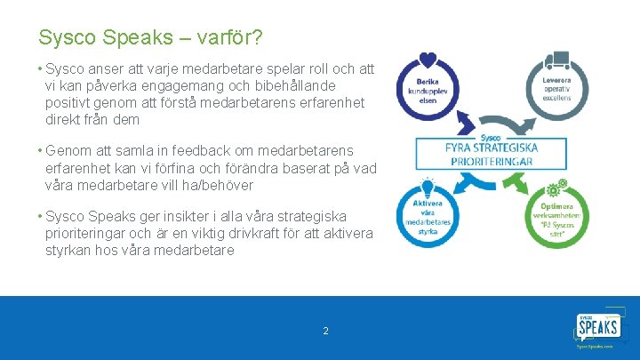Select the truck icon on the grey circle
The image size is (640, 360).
[x=557, y=60]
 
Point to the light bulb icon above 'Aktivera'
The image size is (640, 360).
[x=428, y=188]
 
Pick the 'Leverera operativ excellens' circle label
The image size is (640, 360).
[x=556, y=89]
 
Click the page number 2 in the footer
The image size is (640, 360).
[x=325, y=331]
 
